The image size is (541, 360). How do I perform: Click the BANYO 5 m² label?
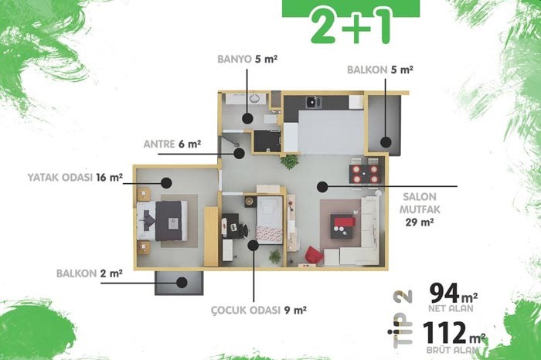[247, 59]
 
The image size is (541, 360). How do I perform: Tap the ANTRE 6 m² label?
[172, 144]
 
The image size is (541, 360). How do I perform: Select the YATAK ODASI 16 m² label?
[75, 178]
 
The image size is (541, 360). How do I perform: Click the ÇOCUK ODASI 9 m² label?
[259, 311]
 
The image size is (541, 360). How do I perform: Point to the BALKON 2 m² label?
[90, 273]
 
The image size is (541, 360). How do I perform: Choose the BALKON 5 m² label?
[380, 70]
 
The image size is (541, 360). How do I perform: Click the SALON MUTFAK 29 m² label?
[420, 209]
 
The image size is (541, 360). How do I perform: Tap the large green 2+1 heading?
[351, 26]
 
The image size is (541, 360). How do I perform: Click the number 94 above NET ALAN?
[444, 293]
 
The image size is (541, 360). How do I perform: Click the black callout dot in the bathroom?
[247, 118]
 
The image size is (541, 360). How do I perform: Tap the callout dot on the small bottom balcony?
[182, 283]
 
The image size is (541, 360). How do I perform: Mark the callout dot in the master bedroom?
[166, 183]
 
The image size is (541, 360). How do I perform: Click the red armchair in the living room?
[314, 255]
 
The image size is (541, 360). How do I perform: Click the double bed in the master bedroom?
[162, 221]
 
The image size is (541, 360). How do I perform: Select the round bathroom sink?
[254, 99]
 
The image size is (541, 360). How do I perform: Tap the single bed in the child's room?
[270, 220]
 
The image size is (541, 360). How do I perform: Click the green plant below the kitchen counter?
[289, 161]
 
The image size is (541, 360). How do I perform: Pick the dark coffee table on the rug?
[342, 226]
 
